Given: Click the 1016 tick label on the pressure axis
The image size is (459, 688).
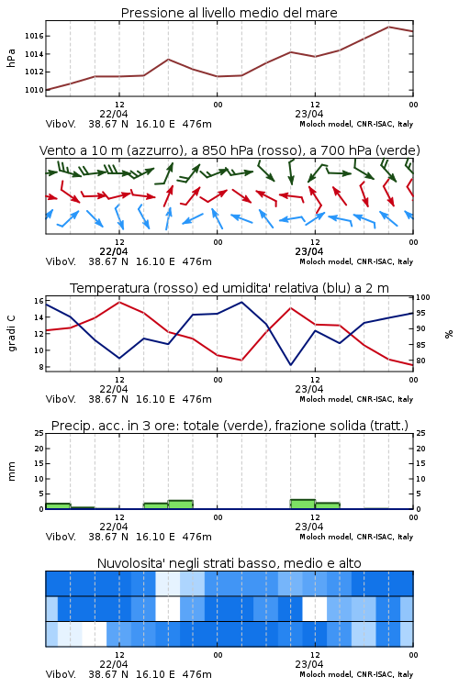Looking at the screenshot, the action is click(34, 36).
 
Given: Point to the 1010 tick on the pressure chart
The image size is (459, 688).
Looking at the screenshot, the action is click(34, 90).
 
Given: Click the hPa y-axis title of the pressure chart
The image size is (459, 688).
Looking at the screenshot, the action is click(11, 58).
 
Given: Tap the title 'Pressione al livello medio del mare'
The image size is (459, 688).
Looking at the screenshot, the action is click(229, 13).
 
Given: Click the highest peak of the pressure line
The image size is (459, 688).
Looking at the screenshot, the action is click(388, 27).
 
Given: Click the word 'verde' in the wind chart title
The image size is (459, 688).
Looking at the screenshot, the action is click(397, 150).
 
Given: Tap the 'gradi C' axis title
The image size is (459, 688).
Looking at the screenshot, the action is click(12, 334).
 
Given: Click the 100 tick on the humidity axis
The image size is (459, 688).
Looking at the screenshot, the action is click(423, 297).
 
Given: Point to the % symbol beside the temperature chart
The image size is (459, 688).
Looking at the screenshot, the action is click(449, 334).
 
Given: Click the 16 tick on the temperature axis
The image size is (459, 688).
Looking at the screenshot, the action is click(39, 301).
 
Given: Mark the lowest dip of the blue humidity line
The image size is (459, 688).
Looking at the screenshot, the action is click(290, 364).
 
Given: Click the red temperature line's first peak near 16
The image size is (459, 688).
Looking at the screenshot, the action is click(119, 302).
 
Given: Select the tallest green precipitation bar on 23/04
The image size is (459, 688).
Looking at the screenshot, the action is click(303, 505).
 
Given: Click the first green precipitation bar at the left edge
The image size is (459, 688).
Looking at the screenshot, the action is click(58, 505).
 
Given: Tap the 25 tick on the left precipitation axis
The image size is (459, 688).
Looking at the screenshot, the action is click(39, 433).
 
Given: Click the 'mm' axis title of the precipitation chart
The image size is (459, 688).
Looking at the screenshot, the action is click(11, 472).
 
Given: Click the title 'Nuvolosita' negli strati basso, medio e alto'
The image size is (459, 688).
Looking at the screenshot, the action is click(229, 563).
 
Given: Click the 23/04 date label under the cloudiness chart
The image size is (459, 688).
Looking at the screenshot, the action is click(309, 664).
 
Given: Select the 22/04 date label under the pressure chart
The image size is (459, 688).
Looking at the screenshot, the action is click(114, 114).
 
